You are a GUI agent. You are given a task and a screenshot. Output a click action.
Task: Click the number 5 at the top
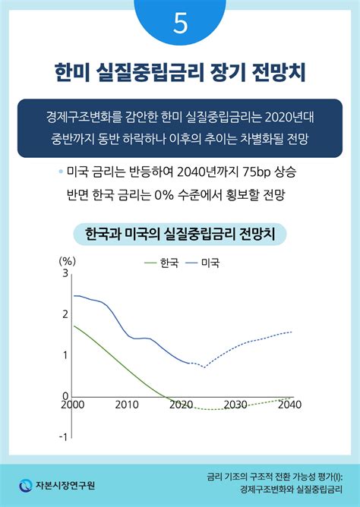click(180, 23)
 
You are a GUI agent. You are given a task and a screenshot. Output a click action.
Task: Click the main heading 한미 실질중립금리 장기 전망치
click(180, 74)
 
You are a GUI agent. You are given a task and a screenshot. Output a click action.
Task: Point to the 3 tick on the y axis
click(65, 273)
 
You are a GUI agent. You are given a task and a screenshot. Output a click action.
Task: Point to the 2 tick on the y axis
click(65, 314)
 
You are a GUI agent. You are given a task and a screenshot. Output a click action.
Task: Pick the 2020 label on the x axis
click(181, 405)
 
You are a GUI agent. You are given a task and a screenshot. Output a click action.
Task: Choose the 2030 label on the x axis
click(235, 405)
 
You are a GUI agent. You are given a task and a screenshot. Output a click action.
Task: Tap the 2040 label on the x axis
click(290, 405)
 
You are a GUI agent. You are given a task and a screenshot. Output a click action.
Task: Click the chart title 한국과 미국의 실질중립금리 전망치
click(179, 231)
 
